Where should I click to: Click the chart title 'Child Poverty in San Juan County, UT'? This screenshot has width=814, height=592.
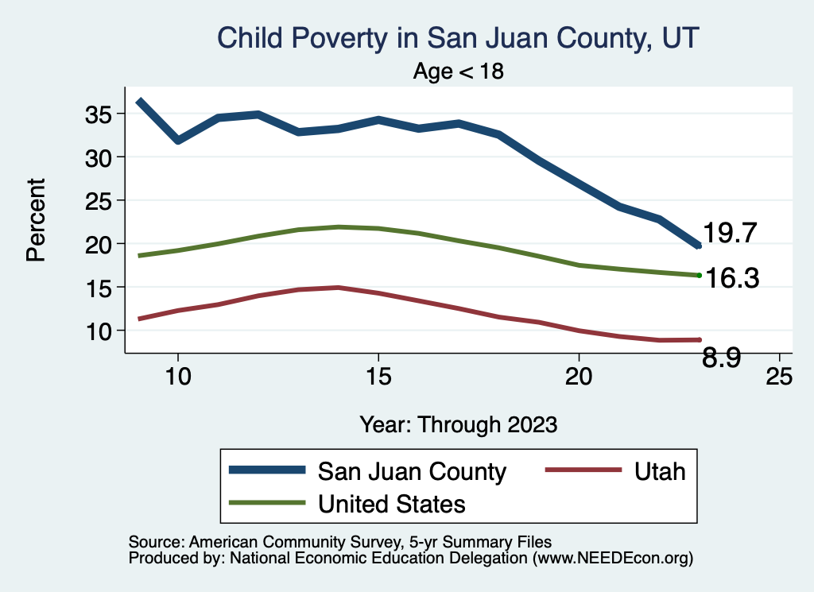458,38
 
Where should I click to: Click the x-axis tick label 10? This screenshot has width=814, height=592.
178,377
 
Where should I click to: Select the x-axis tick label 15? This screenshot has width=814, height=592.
378,377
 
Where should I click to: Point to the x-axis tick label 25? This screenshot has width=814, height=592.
779,377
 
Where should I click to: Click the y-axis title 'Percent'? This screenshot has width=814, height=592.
34,220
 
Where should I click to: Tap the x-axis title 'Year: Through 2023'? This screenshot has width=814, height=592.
458,424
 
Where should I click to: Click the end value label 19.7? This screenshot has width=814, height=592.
729,233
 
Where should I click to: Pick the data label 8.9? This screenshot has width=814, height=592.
722,359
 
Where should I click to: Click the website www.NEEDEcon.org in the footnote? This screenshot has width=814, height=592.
612,559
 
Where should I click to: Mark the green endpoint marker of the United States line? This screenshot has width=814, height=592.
699,275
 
